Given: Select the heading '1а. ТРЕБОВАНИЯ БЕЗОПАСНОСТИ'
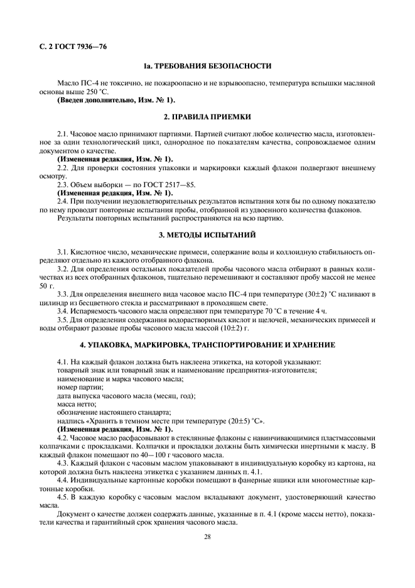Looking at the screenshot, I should pos(207,65).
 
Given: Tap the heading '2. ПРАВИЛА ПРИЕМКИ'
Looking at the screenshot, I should pos(207,117).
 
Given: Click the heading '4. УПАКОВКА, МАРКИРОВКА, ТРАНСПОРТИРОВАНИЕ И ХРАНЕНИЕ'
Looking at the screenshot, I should pos(207,345).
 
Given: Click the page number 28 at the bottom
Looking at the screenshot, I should pos(207,536).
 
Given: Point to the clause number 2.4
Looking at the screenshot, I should pos(63,202).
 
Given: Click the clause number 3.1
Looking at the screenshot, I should pos(63,251).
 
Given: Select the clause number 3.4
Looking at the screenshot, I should pos(63,310).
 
